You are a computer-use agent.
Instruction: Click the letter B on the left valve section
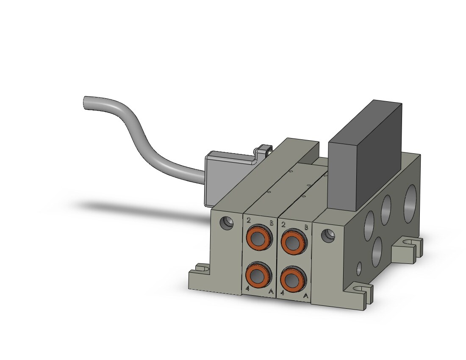coord(271,223)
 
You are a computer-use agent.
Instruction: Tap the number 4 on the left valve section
coord(247,288)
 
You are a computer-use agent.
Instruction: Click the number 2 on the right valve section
coord(283,224)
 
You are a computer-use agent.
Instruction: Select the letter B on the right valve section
coord(306,228)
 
